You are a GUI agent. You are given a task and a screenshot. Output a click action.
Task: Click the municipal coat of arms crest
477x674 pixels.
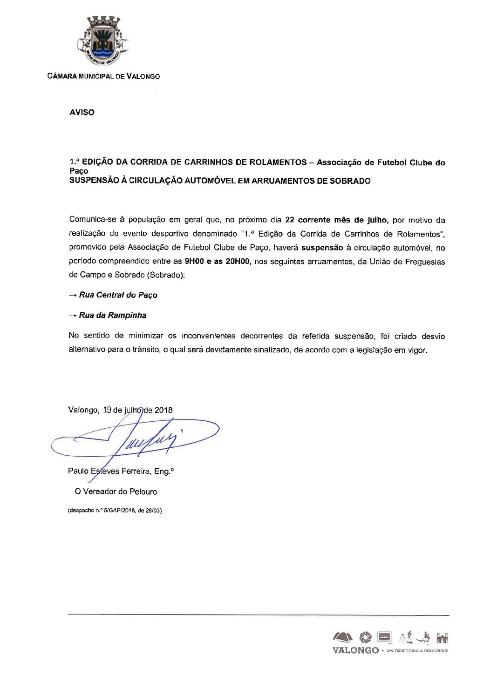click(103, 41)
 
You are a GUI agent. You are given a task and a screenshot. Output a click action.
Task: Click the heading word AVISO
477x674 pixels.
click(82, 113)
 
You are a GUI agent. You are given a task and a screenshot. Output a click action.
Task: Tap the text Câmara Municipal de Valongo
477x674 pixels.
click(104, 76)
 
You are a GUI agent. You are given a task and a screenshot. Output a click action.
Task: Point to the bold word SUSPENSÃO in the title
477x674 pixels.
click(90, 181)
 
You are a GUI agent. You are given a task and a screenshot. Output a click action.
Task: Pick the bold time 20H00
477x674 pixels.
click(237, 262)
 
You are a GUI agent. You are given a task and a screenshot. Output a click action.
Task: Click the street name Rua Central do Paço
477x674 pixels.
click(118, 295)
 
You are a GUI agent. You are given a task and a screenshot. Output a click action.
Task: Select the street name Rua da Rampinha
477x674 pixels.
click(113, 316)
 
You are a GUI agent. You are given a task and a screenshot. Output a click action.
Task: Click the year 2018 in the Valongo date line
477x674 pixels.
click(163, 410)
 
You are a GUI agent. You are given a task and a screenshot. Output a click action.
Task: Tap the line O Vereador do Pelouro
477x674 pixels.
click(116, 492)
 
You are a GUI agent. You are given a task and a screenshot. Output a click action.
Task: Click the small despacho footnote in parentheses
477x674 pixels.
click(115, 510)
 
